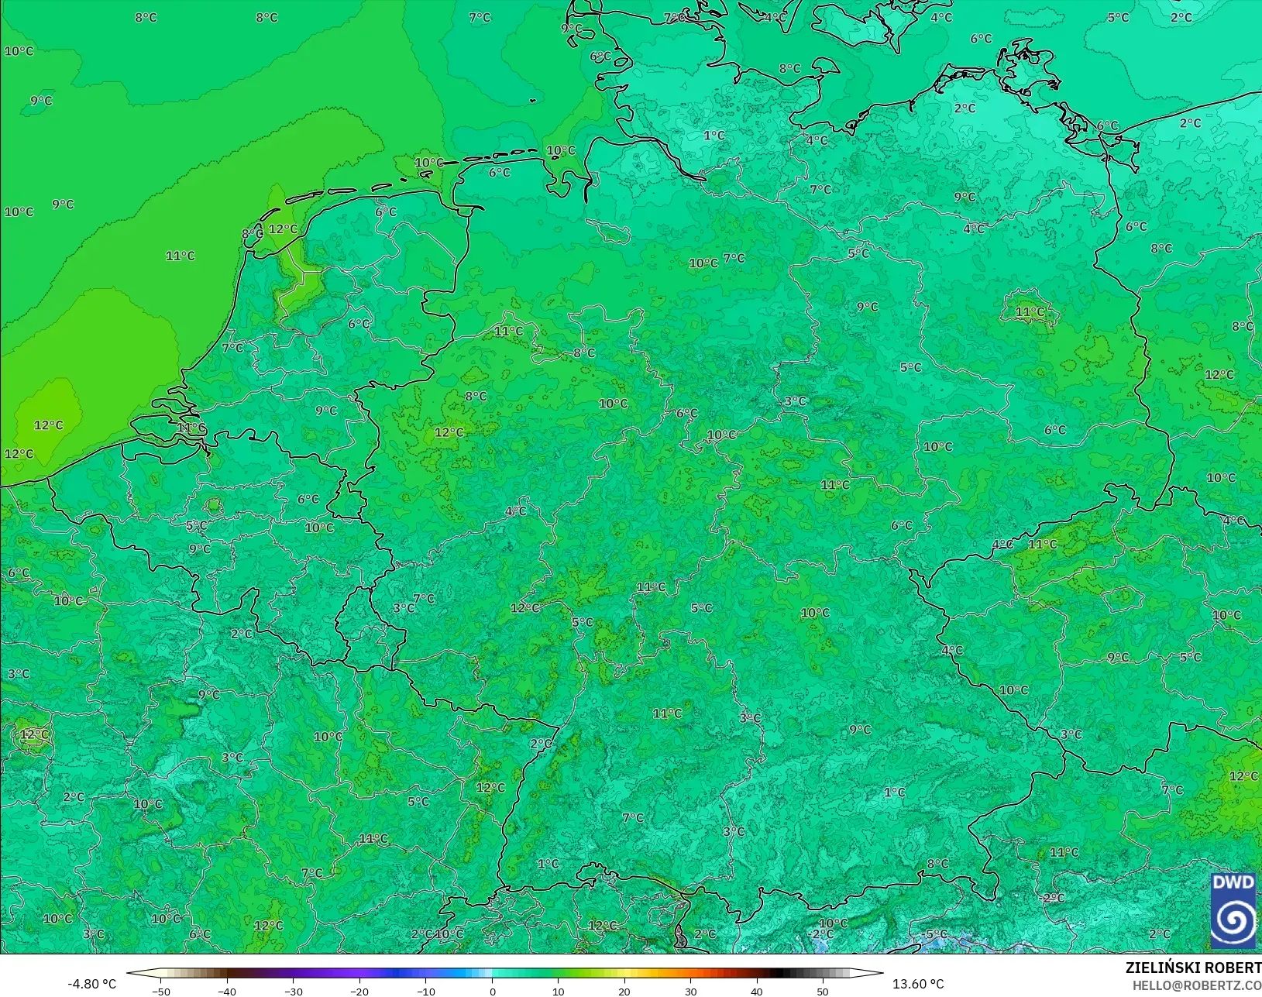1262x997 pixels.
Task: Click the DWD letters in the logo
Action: click(x=1233, y=883)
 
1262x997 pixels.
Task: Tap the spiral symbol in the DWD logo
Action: click(x=1233, y=920)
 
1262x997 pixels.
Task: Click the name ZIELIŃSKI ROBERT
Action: click(x=1193, y=968)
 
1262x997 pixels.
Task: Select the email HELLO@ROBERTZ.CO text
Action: click(x=1197, y=985)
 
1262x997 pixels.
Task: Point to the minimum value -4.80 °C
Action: click(x=92, y=984)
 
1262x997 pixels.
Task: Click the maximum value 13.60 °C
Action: click(x=918, y=984)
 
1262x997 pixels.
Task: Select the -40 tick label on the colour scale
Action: click(x=227, y=991)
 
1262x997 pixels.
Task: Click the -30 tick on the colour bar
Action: click(x=293, y=991)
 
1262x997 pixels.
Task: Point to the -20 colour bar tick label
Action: click(x=359, y=991)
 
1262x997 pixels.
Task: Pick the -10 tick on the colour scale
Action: click(x=425, y=991)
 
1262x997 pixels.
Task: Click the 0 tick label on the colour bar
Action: click(x=492, y=991)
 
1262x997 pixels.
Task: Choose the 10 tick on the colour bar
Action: click(x=558, y=991)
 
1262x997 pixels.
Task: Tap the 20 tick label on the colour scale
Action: click(x=624, y=991)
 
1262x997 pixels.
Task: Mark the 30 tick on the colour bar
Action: click(x=690, y=991)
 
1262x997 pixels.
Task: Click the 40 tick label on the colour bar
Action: click(x=757, y=991)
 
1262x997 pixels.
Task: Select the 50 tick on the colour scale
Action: click(x=823, y=991)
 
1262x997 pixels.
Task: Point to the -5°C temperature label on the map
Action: click(x=936, y=933)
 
